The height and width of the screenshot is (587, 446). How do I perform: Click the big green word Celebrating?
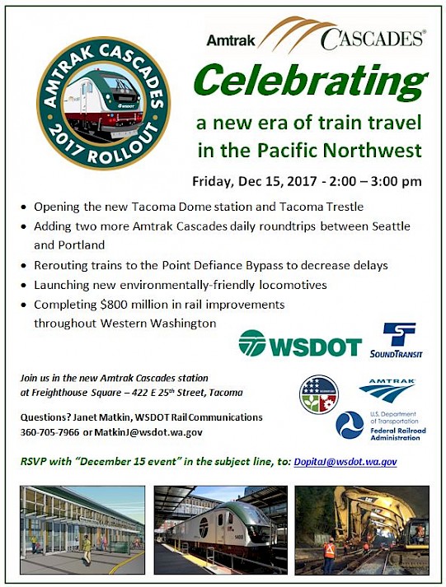click(x=311, y=82)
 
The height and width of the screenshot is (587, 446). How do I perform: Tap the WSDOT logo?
click(x=300, y=342)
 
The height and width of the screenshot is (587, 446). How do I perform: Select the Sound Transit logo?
click(x=397, y=340)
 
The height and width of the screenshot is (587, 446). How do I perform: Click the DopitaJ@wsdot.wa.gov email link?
click(x=345, y=462)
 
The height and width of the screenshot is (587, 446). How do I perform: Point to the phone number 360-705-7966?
click(x=49, y=432)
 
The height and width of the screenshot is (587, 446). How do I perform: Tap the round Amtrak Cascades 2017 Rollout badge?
click(x=103, y=103)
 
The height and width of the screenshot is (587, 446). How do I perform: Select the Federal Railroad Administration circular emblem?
click(x=350, y=425)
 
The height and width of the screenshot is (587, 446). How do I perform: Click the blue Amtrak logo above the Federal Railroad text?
click(x=387, y=390)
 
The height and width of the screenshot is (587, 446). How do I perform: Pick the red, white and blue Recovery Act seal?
click(x=319, y=394)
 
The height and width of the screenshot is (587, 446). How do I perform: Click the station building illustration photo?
click(x=82, y=529)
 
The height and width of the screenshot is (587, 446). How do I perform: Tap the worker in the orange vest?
click(x=330, y=555)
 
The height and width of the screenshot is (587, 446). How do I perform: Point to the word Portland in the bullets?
click(x=82, y=245)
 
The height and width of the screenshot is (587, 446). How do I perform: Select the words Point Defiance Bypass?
click(x=223, y=265)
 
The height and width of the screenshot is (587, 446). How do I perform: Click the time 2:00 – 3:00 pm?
click(x=376, y=182)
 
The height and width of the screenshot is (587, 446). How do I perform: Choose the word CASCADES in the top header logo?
click(x=373, y=40)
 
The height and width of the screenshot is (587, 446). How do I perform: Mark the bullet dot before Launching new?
click(x=24, y=286)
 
